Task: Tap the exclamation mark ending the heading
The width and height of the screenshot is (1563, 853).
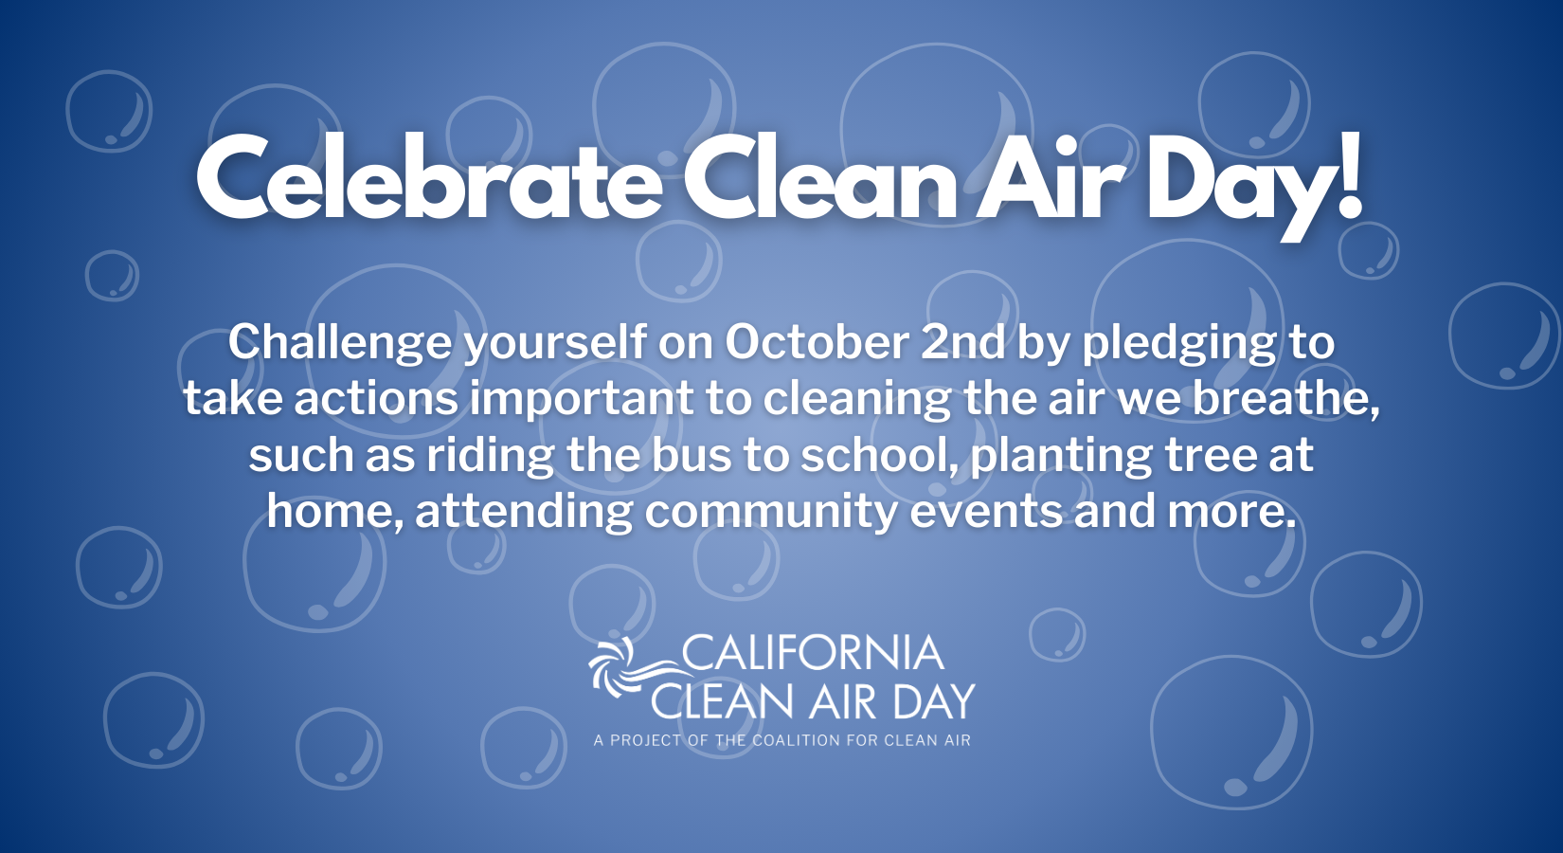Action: (1348, 175)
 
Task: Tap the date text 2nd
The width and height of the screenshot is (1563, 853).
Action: (963, 342)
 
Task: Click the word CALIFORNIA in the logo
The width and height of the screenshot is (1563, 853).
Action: (812, 653)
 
